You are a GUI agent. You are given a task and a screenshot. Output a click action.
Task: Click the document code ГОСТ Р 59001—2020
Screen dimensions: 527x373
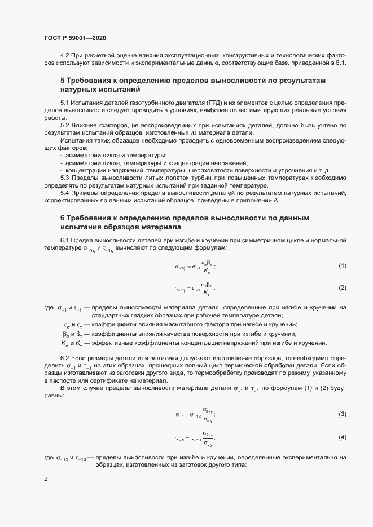pos(74,38)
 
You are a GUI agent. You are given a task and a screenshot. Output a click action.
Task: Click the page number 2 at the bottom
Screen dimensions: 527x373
pos(46,480)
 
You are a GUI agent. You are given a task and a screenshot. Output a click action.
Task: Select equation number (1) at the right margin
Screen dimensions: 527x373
pos(342,265)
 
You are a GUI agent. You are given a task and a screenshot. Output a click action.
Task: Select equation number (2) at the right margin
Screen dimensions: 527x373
pos(342,288)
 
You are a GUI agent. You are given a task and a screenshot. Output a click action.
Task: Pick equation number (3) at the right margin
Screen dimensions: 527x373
pos(342,415)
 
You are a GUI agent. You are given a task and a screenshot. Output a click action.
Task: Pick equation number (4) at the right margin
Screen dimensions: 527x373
pos(342,437)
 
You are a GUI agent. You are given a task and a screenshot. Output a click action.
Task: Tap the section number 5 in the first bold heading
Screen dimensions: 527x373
pos(63,81)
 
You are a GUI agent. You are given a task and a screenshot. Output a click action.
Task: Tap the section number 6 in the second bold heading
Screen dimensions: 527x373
pos(63,218)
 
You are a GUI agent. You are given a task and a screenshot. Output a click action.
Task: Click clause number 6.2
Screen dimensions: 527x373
pos(65,358)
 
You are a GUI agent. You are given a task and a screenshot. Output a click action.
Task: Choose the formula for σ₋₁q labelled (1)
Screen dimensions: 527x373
pos(195,266)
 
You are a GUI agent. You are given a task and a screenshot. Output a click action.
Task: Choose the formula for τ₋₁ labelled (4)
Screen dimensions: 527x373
pos(195,438)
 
